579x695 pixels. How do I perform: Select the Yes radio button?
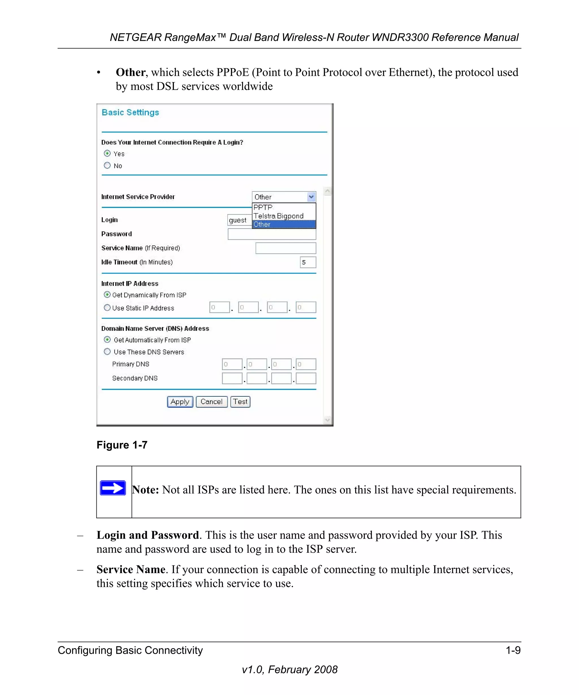[107, 153]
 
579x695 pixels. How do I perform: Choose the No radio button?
[107, 165]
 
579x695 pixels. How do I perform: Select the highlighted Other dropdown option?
[283, 225]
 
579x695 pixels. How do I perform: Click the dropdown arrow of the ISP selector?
[311, 197]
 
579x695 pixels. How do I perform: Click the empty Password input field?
[272, 234]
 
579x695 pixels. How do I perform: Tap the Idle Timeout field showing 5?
[308, 262]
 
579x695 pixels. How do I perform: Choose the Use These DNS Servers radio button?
[107, 351]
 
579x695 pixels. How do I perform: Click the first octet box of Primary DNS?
[232, 364]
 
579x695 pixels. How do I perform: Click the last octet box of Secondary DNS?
[306, 378]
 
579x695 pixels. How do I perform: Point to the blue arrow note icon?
[113, 488]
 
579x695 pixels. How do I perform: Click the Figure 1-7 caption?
[122, 445]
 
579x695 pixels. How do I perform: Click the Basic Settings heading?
[130, 113]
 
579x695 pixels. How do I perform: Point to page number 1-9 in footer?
[513, 650]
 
